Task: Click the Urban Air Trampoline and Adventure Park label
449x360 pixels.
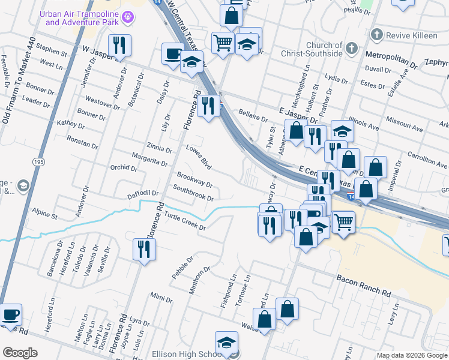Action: coord(82,18)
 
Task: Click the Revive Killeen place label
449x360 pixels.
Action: coord(411,35)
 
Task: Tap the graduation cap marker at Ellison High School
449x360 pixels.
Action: coord(226,343)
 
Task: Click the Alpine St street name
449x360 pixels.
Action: coord(44,214)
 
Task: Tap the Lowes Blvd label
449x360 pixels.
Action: coord(199,156)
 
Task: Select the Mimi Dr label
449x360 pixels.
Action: coord(157,298)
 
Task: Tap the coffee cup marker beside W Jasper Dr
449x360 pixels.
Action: coord(173,54)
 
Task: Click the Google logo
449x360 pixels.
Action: coord(20,353)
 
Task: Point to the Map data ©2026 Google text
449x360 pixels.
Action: coord(411,355)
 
